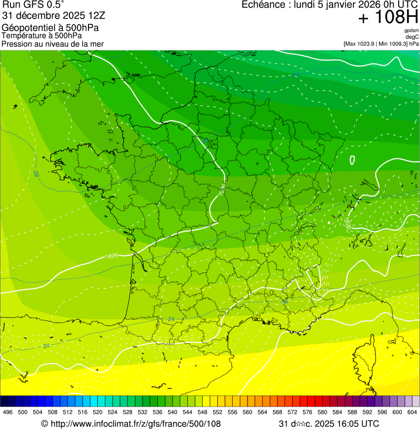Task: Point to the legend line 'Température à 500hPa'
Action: click(42, 36)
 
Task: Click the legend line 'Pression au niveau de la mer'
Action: click(52, 44)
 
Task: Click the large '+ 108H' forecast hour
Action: click(388, 18)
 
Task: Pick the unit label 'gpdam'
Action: click(411, 31)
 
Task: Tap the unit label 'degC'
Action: click(412, 37)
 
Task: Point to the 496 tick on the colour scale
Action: click(8, 412)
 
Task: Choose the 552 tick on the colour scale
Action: click(217, 412)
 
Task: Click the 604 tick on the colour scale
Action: click(412, 412)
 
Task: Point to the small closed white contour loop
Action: click(352, 160)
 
